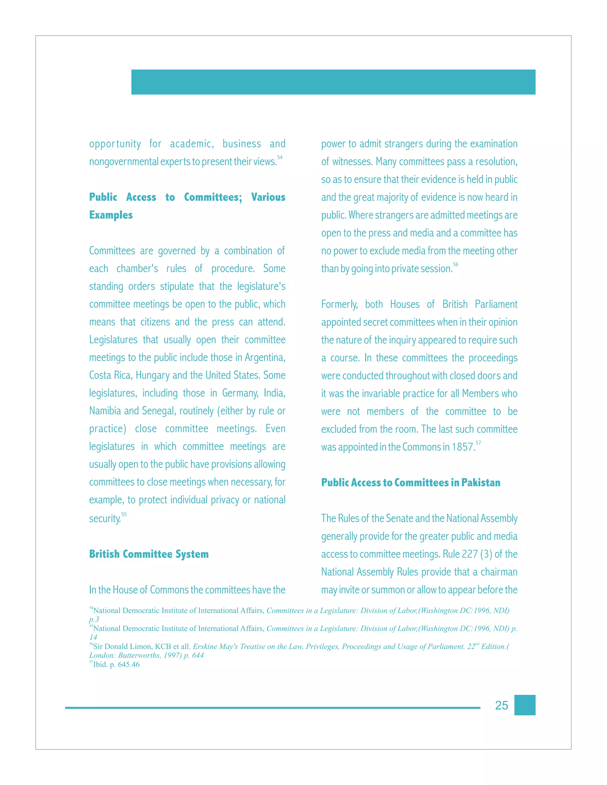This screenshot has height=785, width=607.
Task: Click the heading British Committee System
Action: click(149, 554)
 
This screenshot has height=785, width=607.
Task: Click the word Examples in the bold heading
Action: click(111, 215)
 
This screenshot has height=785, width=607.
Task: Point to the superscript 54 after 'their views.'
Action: click(280, 157)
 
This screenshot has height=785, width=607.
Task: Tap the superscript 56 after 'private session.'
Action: click(456, 264)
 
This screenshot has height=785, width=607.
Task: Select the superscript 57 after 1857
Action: click(478, 443)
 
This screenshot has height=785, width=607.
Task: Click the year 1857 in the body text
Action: click(464, 447)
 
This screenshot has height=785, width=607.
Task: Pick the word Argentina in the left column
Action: click(265, 358)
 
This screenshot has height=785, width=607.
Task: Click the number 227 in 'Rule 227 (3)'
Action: click(470, 554)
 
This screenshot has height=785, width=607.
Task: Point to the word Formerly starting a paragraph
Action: click(339, 305)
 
